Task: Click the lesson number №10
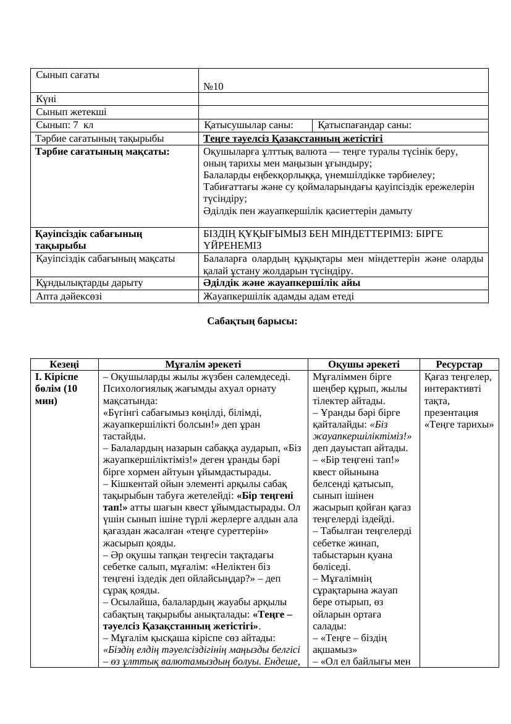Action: tap(213, 87)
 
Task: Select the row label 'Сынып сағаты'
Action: tap(67, 75)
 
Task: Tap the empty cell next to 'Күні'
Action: tap(343, 99)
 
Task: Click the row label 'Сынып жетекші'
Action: tap(71, 112)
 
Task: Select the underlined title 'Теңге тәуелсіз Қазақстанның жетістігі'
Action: tap(293, 138)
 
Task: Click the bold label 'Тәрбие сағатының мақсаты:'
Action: tap(103, 150)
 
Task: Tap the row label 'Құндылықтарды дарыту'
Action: tap(89, 283)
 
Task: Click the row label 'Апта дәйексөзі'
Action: tap(69, 296)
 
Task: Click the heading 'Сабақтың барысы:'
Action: tap(252, 321)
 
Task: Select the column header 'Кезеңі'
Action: tap(64, 364)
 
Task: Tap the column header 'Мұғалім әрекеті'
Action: tap(203, 364)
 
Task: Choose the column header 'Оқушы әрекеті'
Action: tap(363, 364)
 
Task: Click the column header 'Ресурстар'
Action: tap(458, 364)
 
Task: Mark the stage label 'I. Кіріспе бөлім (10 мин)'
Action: tap(56, 389)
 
